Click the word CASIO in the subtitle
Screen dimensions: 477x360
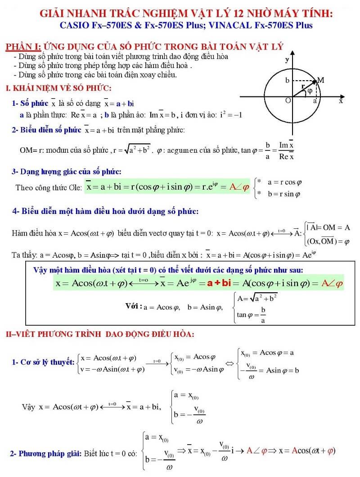pos(74,26)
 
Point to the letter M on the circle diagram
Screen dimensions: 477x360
pos(321,80)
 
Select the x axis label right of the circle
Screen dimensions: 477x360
pos(341,102)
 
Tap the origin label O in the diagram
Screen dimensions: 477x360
pos(287,100)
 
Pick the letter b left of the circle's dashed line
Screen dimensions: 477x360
pos(287,81)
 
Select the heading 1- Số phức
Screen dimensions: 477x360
pos(30,104)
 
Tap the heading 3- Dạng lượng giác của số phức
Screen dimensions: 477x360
pos(67,172)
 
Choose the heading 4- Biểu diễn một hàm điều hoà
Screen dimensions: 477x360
pos(106,211)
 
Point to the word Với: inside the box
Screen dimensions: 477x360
pos(133,306)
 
